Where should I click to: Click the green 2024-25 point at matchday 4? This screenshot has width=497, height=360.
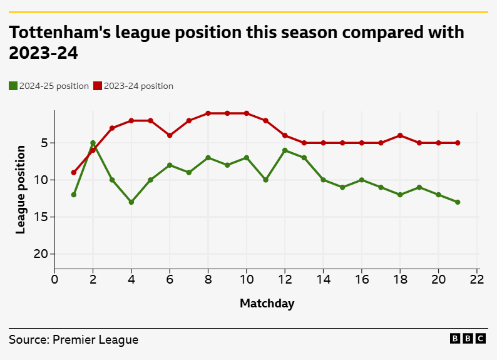pyautogui.click(x=131, y=202)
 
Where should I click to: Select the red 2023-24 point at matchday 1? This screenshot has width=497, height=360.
pyautogui.click(x=74, y=172)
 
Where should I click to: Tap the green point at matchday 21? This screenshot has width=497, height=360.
pyautogui.click(x=458, y=202)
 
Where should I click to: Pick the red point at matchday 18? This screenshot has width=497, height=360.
pyautogui.click(x=400, y=135)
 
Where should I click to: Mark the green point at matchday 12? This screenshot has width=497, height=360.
pyautogui.click(x=285, y=150)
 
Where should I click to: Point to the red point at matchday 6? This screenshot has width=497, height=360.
pyautogui.click(x=170, y=135)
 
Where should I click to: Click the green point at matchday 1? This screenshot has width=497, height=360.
pyautogui.click(x=74, y=195)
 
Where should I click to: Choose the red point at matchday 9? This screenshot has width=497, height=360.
pyautogui.click(x=227, y=113)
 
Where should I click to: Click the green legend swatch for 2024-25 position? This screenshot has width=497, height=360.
pyautogui.click(x=13, y=86)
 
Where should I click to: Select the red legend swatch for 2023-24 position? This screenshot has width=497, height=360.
pyautogui.click(x=98, y=86)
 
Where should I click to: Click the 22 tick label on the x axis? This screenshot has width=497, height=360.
pyautogui.click(x=477, y=279)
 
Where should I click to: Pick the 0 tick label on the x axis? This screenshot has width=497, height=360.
pyautogui.click(x=54, y=279)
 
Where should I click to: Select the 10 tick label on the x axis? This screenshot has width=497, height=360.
pyautogui.click(x=247, y=279)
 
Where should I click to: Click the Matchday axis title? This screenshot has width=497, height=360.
pyautogui.click(x=267, y=304)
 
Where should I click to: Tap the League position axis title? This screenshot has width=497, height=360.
pyautogui.click(x=21, y=190)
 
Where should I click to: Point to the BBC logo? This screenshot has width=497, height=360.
pyautogui.click(x=468, y=339)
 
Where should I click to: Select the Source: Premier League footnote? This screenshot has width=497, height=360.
pyautogui.click(x=74, y=340)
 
